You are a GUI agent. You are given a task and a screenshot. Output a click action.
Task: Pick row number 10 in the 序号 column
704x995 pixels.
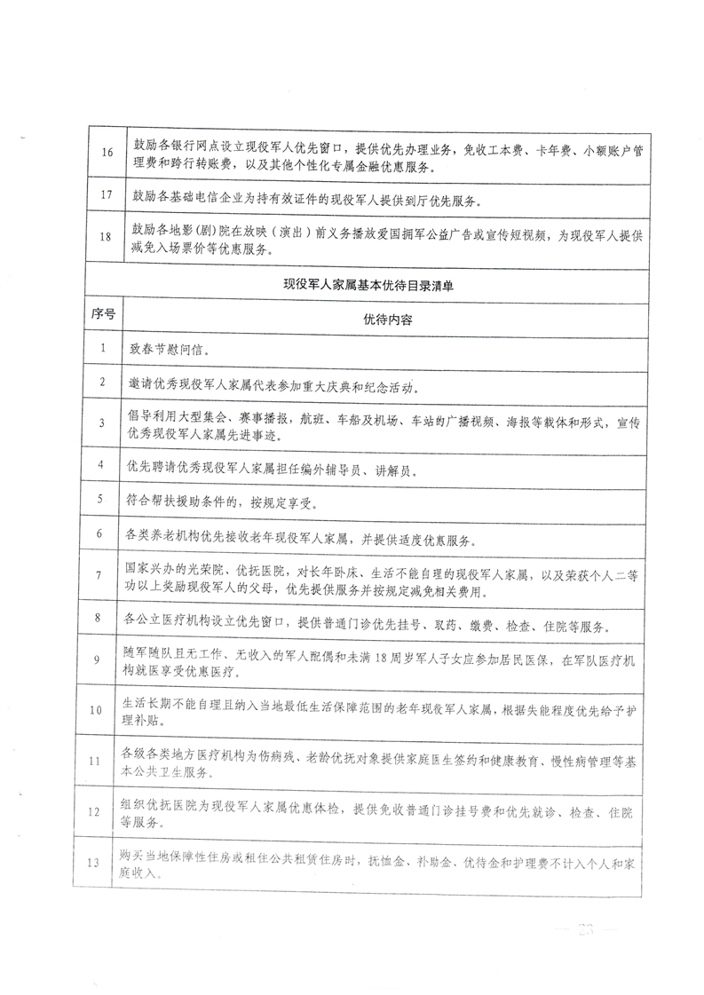[x=106, y=707]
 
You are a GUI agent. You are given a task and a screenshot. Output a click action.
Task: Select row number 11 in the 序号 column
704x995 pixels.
[x=106, y=761]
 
